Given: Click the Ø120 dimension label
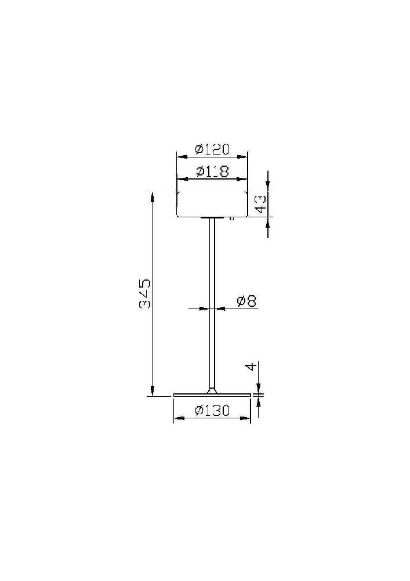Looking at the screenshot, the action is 212,149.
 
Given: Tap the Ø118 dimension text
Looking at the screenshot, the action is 212,171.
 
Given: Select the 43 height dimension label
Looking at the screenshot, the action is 260,204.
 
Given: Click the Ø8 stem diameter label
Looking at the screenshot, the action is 246,301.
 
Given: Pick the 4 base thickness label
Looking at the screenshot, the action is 251,367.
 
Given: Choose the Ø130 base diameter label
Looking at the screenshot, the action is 212,410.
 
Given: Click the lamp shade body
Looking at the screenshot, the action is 212,204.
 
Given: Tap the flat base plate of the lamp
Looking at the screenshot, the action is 212,395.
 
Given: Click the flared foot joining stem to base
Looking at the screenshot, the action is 212,390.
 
